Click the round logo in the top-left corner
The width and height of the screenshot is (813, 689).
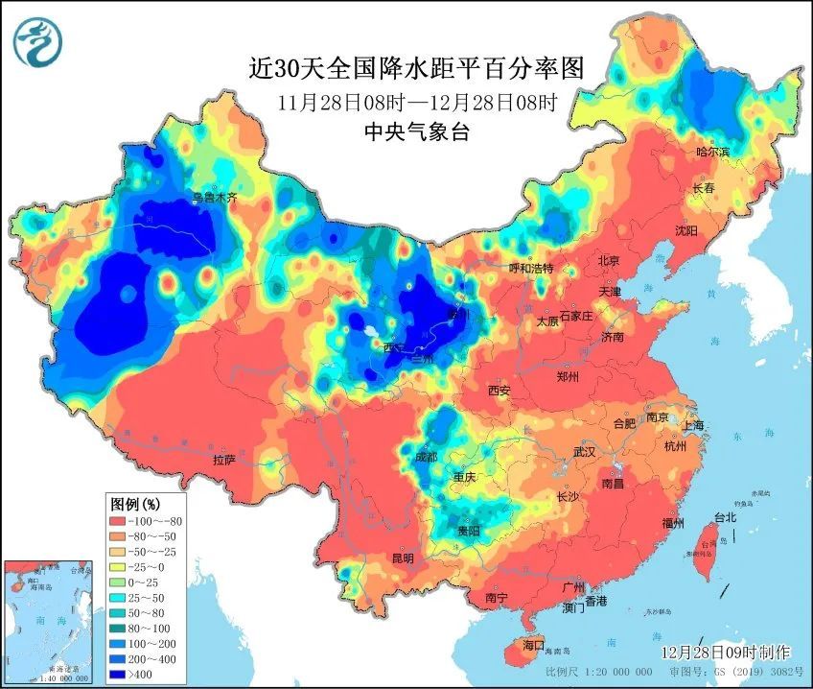click(x=37, y=41)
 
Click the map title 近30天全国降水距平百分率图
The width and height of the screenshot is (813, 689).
click(x=416, y=69)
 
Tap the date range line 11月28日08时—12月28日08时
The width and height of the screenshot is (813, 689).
click(x=416, y=102)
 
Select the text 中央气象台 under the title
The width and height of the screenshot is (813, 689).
click(x=416, y=132)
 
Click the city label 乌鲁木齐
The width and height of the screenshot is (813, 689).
click(x=214, y=198)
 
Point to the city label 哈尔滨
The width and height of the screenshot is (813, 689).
click(x=712, y=152)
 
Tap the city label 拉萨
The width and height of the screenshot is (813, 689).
click(x=224, y=460)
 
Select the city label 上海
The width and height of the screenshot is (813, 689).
click(x=693, y=425)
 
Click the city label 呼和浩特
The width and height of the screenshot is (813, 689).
click(x=530, y=268)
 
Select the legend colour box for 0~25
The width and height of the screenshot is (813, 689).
click(x=121, y=582)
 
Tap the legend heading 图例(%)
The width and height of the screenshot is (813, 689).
click(x=135, y=503)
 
